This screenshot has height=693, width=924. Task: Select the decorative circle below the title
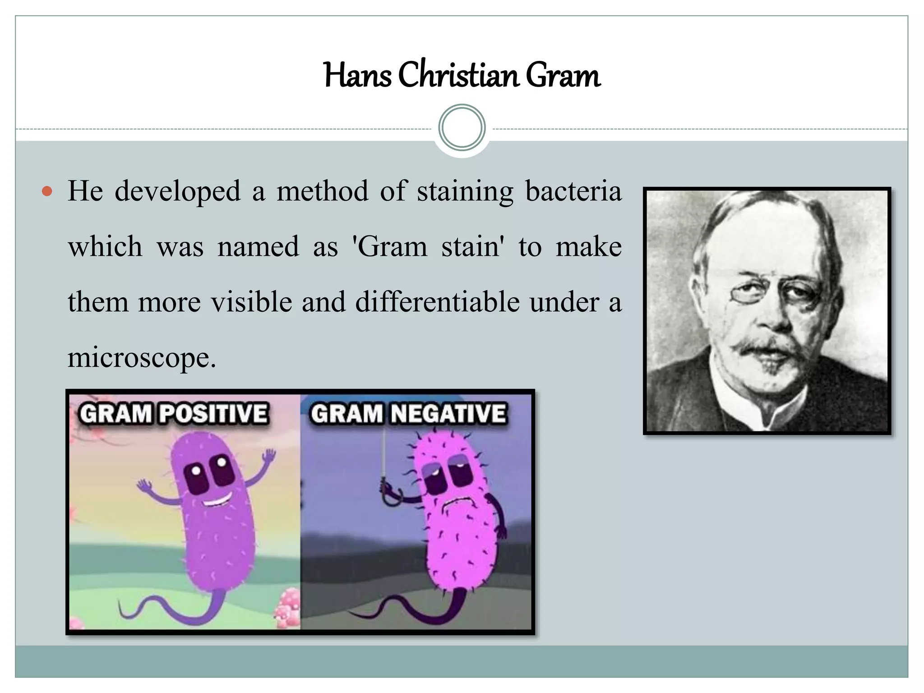click(x=462, y=128)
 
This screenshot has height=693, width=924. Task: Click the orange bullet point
click(x=47, y=191)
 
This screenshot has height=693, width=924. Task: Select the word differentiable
click(x=437, y=302)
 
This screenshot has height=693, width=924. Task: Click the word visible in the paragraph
click(x=252, y=302)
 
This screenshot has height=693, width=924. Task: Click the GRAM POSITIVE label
click(x=174, y=413)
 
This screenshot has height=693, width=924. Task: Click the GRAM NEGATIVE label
click(x=408, y=413)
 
